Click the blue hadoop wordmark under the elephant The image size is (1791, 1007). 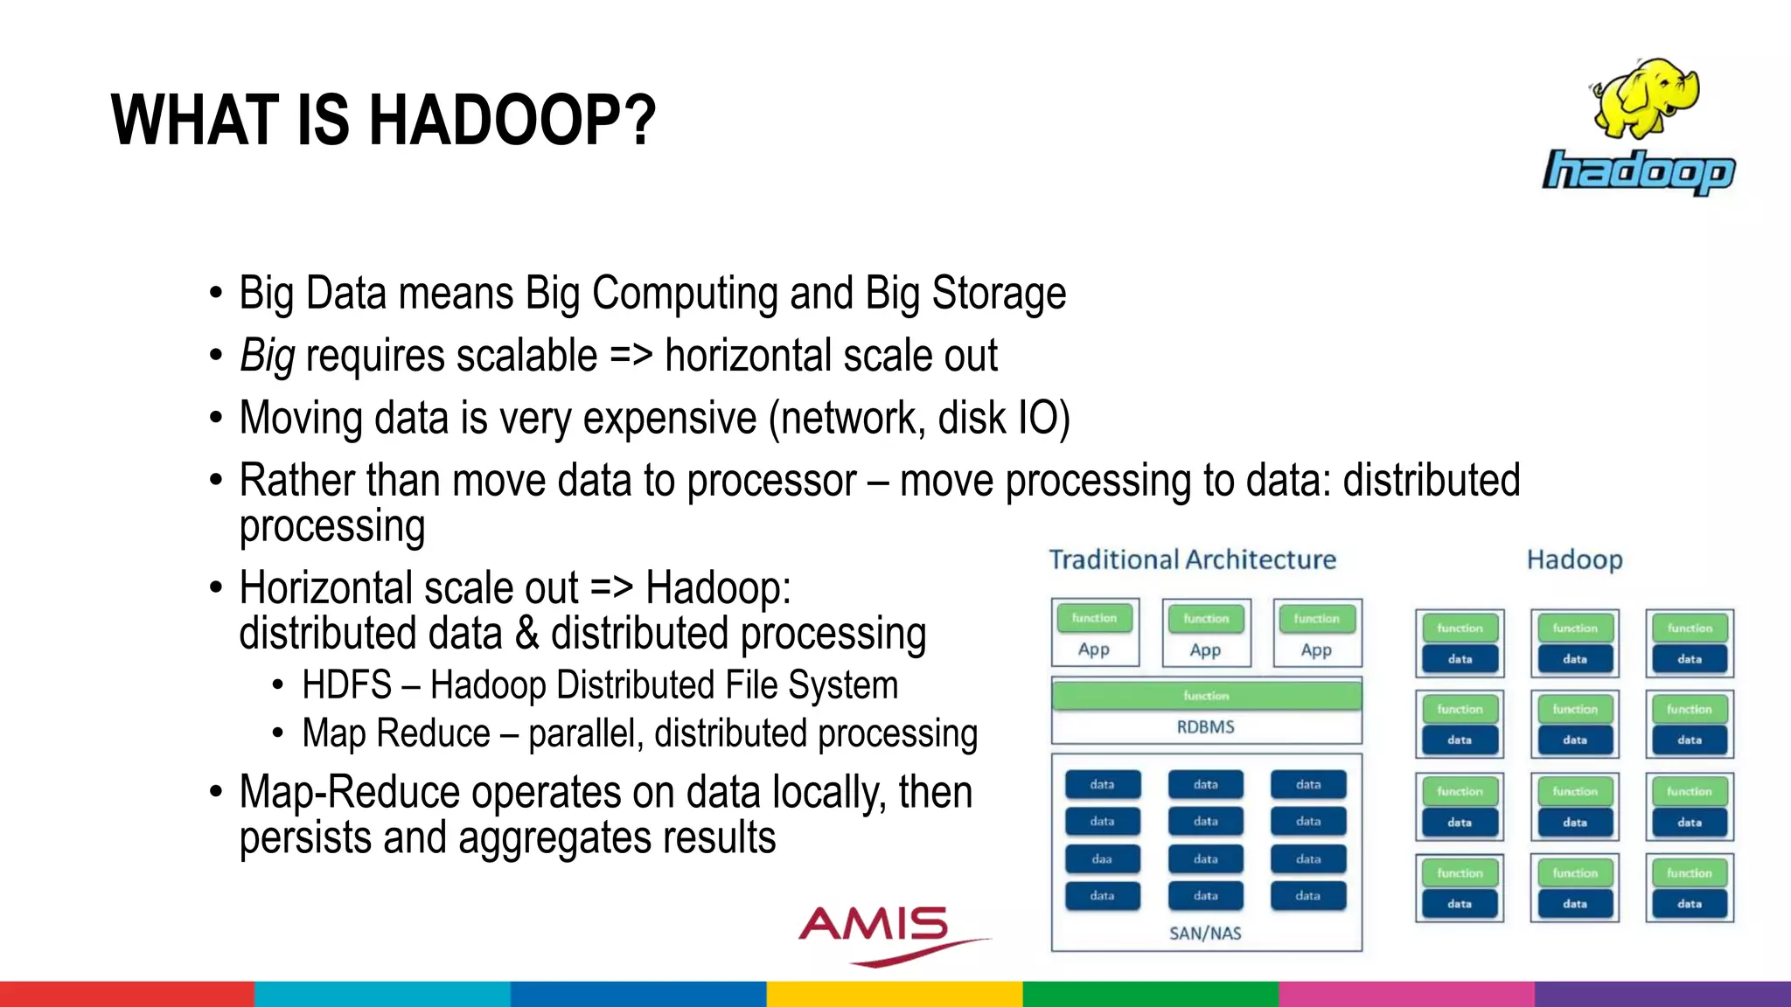[x=1639, y=171]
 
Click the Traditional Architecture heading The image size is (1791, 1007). [x=1192, y=559]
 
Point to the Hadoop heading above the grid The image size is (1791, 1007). [x=1574, y=559]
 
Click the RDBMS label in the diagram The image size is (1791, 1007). [x=1205, y=726]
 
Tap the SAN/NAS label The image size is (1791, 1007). [x=1205, y=934]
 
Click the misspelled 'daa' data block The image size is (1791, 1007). [x=1102, y=859]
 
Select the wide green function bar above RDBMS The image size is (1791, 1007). [x=1206, y=696]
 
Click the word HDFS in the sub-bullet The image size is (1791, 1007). [x=346, y=685]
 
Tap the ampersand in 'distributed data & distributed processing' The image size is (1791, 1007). [x=526, y=634]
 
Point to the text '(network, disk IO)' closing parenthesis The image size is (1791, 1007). [x=1063, y=419]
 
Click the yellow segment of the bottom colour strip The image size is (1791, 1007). [x=895, y=994]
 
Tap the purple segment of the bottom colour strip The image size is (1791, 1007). [x=1662, y=994]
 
